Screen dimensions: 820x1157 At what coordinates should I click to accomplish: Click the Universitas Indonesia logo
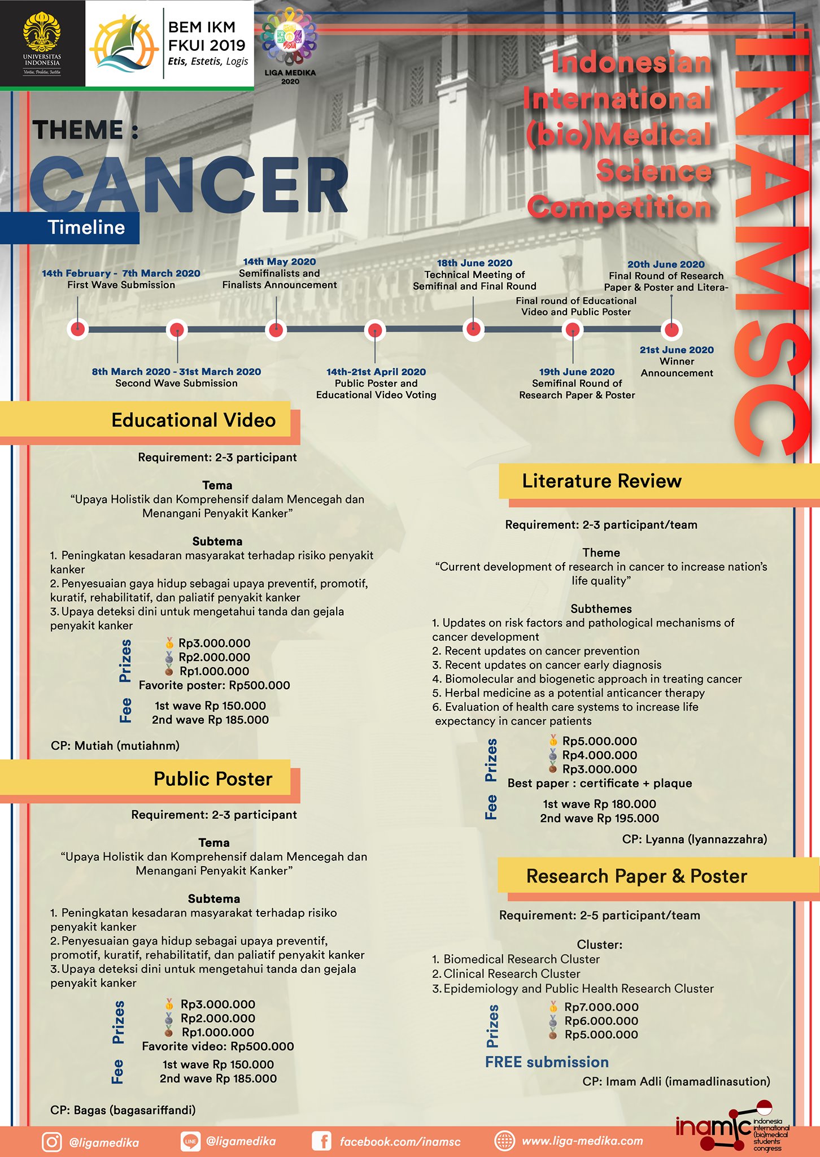click(x=42, y=44)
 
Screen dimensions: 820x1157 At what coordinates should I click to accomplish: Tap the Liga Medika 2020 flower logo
click(x=290, y=37)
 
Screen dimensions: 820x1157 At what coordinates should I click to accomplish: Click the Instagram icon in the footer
click(x=52, y=1142)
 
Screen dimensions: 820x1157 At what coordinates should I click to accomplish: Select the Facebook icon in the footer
click(x=322, y=1141)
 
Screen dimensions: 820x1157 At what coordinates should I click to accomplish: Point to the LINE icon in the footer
click(x=190, y=1141)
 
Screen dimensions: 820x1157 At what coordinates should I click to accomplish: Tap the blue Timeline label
click(x=86, y=227)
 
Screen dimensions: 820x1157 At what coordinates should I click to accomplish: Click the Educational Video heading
click(x=194, y=420)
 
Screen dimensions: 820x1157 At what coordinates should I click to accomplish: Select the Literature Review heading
click(x=601, y=481)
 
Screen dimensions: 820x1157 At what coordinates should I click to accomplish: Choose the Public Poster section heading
click(x=213, y=779)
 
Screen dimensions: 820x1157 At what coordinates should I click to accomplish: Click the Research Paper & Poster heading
click(x=636, y=876)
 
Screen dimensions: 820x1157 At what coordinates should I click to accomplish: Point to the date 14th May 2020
click(x=280, y=262)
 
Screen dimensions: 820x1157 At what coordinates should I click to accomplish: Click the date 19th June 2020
click(x=577, y=372)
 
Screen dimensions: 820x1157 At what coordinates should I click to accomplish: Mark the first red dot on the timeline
click(x=78, y=329)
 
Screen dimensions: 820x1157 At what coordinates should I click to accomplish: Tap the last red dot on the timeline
click(x=671, y=329)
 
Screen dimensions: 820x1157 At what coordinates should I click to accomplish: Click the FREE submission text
click(x=547, y=1062)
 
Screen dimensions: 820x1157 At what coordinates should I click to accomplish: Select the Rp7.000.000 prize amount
click(x=601, y=1007)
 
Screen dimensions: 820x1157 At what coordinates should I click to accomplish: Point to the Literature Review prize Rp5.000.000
click(x=600, y=741)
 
